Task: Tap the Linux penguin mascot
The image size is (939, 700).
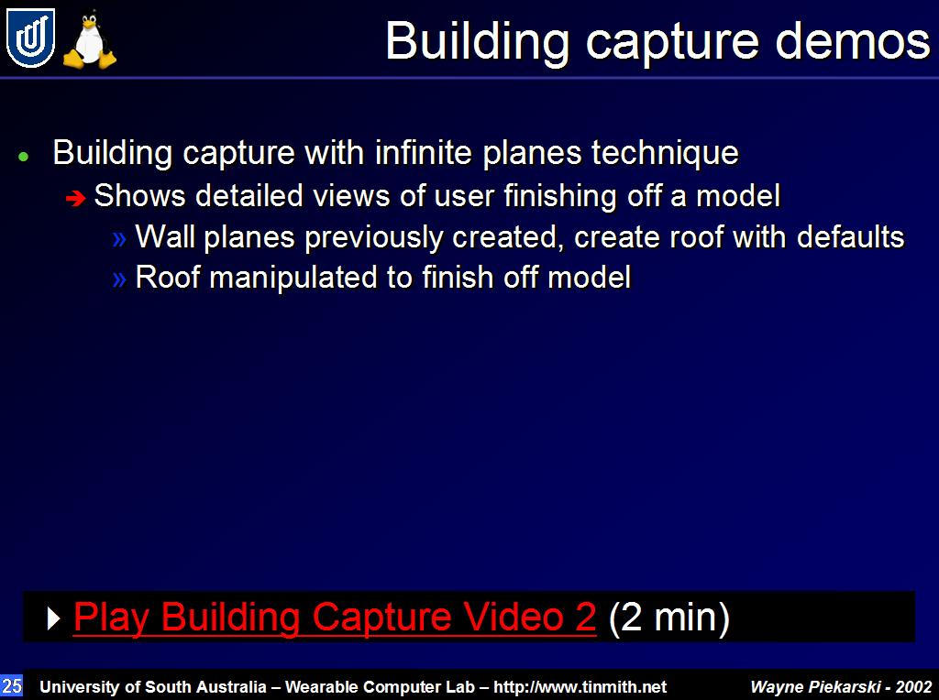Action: [90, 40]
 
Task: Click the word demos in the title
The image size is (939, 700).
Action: [853, 41]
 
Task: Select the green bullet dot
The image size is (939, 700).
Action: [24, 157]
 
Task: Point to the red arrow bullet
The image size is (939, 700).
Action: [76, 197]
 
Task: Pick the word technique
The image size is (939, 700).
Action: [665, 153]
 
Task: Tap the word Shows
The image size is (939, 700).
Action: [139, 196]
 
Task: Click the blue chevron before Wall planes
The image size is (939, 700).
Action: [119, 239]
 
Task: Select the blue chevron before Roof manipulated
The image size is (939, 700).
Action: [119, 279]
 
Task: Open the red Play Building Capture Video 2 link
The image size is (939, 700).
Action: [335, 617]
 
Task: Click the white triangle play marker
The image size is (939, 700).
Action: [53, 618]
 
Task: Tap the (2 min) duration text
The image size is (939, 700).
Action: [668, 618]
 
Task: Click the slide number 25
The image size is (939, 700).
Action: [11, 685]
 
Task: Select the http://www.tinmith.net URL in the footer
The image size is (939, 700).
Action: [580, 687]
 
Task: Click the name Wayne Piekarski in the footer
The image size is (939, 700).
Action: [815, 687]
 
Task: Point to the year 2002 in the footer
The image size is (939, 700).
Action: [914, 687]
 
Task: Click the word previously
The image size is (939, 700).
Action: [374, 238]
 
